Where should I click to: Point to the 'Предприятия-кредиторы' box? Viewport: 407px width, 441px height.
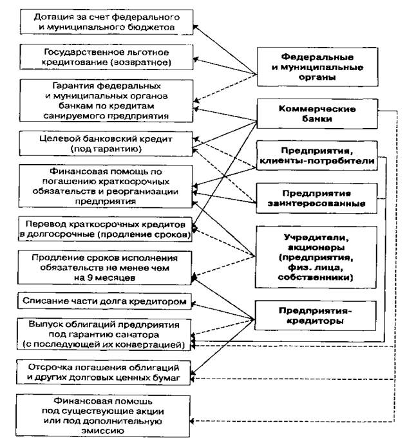point(315,314)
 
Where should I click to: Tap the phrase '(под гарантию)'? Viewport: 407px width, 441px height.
point(107,149)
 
